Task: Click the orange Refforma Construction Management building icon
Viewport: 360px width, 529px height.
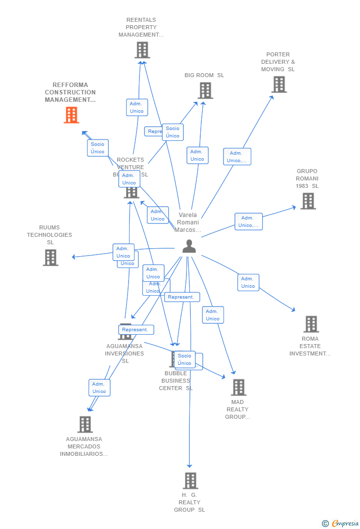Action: (x=71, y=115)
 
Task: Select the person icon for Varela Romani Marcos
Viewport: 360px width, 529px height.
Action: (x=189, y=246)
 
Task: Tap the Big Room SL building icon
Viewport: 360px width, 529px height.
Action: (x=205, y=90)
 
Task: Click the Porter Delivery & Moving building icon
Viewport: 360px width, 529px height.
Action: (x=279, y=85)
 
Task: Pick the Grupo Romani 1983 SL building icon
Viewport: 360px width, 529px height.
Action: (x=308, y=201)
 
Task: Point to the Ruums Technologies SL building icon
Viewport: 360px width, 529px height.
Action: (x=50, y=258)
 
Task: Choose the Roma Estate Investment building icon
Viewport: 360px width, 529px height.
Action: (x=311, y=324)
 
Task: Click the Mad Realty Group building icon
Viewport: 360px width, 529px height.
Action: (x=238, y=387)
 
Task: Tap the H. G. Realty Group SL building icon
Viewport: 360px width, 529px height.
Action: (x=190, y=480)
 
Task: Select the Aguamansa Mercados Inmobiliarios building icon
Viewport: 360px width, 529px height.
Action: (x=85, y=424)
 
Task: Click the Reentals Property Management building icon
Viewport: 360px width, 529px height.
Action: (x=142, y=50)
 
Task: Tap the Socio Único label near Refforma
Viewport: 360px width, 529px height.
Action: (x=97, y=148)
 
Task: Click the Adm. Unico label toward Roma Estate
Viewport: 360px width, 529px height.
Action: (x=248, y=282)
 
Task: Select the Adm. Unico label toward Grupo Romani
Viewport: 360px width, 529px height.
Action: (x=248, y=221)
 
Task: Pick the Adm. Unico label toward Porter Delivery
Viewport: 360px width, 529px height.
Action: (x=237, y=157)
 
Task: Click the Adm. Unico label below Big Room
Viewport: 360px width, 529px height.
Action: (x=197, y=155)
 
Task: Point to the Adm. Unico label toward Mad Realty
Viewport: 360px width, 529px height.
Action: (x=213, y=315)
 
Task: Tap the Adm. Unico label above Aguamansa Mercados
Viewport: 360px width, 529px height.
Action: (x=99, y=388)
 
